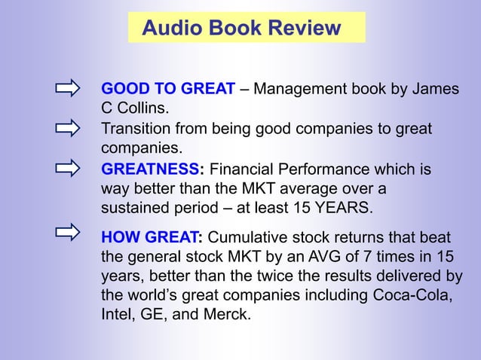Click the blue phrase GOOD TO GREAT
click(x=168, y=90)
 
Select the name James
click(x=434, y=90)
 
